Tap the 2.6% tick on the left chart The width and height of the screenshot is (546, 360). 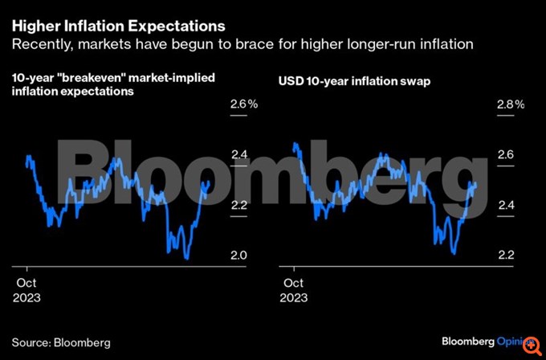click(x=243, y=104)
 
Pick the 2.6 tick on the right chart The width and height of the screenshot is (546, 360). click(x=504, y=155)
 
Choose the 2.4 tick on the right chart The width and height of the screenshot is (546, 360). click(x=504, y=206)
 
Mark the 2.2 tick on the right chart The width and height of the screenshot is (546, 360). click(x=504, y=256)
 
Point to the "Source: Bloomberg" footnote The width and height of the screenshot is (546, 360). click(x=60, y=342)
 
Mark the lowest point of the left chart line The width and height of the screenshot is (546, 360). click(x=186, y=259)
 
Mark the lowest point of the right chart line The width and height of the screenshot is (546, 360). click(x=454, y=254)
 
